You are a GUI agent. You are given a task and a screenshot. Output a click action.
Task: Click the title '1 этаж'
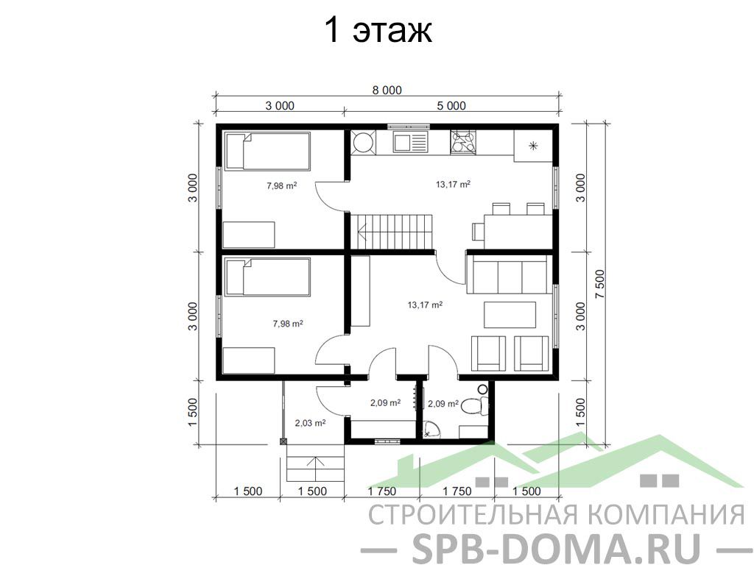click(378, 29)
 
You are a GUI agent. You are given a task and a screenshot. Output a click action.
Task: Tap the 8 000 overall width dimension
click(387, 90)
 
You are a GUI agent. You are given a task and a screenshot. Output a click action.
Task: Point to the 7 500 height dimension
click(600, 284)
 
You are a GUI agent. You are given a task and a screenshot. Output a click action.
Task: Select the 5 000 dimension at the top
click(451, 106)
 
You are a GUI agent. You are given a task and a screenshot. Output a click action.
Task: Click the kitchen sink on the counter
click(410, 142)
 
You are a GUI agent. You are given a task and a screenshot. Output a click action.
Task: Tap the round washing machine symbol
click(362, 142)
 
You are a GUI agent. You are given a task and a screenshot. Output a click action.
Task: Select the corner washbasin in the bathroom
click(431, 430)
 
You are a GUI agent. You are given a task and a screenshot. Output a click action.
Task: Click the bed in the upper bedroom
click(267, 152)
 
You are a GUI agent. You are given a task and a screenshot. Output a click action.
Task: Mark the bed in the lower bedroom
click(267, 277)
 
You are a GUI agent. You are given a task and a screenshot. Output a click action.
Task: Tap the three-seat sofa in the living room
click(510, 274)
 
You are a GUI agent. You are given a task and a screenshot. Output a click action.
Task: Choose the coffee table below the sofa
click(510, 315)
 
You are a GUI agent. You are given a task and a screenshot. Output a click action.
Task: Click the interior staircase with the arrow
click(390, 231)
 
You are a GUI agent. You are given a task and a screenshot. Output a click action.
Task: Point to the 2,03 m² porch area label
click(310, 423)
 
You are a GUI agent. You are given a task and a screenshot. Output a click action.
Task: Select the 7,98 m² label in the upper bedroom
click(282, 185)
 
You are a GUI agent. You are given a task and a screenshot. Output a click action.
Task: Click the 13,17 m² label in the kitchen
click(453, 184)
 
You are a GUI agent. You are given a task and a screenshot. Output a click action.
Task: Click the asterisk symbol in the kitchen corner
click(533, 146)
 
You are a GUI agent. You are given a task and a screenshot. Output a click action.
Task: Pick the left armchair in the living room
click(489, 353)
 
